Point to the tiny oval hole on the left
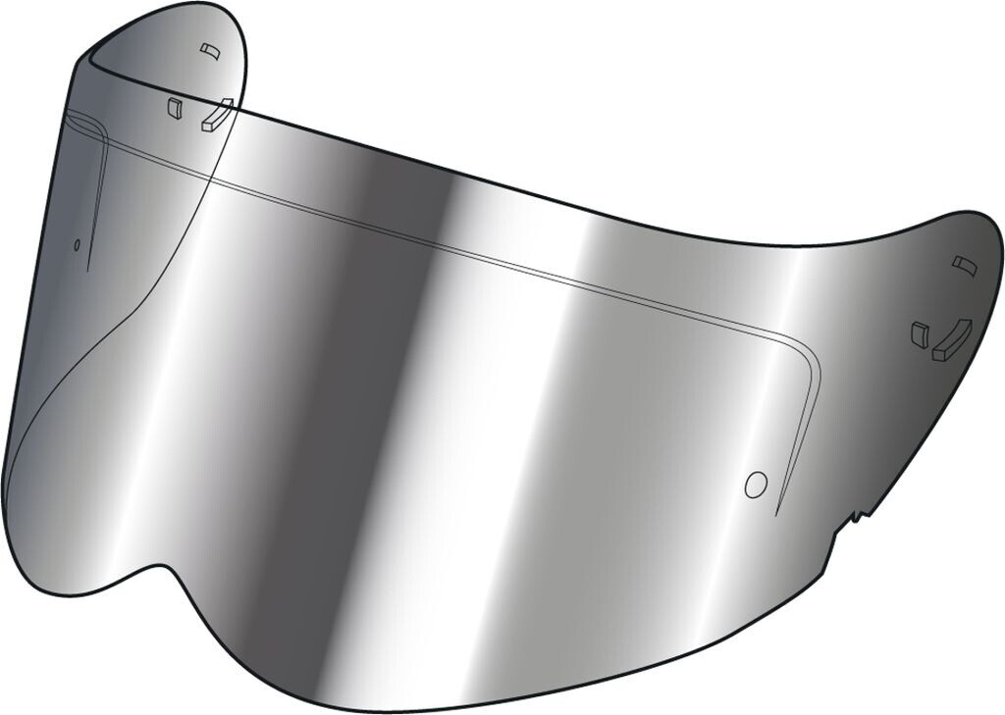[x=77, y=244]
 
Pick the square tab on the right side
[x=920, y=332]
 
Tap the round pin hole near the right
[x=755, y=484]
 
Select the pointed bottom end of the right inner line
[x=775, y=513]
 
